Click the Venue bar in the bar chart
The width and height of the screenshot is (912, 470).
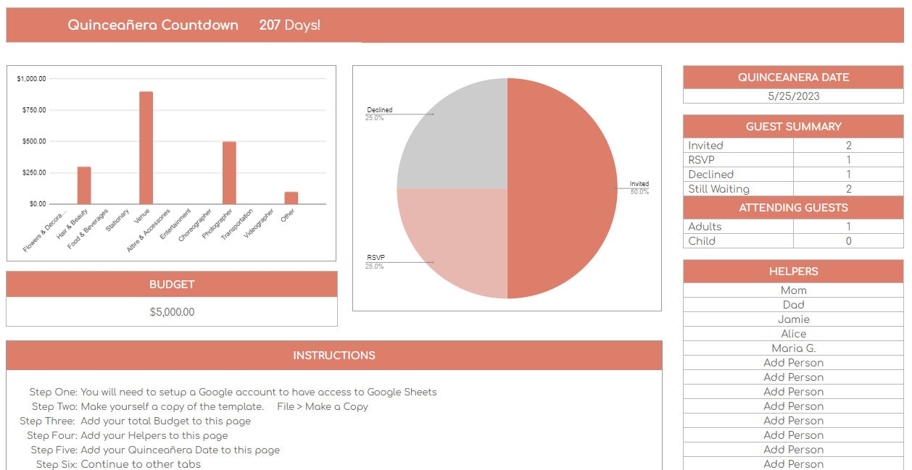coord(146,148)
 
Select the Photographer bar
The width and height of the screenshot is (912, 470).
coord(229,173)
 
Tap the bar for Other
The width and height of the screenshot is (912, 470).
coord(291,198)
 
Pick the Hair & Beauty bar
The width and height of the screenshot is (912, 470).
coord(84,185)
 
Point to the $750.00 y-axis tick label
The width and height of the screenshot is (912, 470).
coord(31,110)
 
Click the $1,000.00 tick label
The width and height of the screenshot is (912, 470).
coord(31,78)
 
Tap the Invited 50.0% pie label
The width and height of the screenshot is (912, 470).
coord(639,188)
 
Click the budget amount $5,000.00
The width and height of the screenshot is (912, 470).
coord(172,312)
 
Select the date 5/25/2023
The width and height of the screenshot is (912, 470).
coord(793,96)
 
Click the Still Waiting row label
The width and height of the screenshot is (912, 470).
coord(718,189)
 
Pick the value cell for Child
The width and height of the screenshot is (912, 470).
coord(848,241)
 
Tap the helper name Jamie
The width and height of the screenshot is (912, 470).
coord(793,319)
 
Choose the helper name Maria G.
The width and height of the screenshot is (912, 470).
coord(793,348)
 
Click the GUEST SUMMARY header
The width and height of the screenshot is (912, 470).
coord(793,127)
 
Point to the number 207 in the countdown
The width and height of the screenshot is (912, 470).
coord(270,25)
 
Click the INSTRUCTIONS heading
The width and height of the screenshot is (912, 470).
coord(333,356)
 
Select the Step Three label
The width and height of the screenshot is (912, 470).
coord(47,421)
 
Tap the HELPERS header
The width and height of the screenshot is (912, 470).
coord(793,272)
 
